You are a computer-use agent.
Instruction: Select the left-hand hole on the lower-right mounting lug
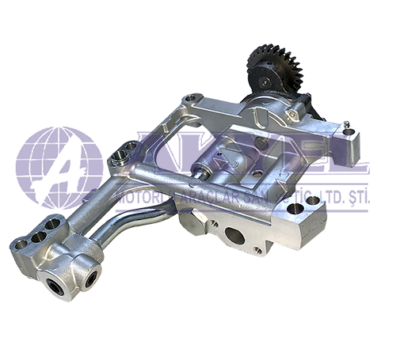point(293,210)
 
